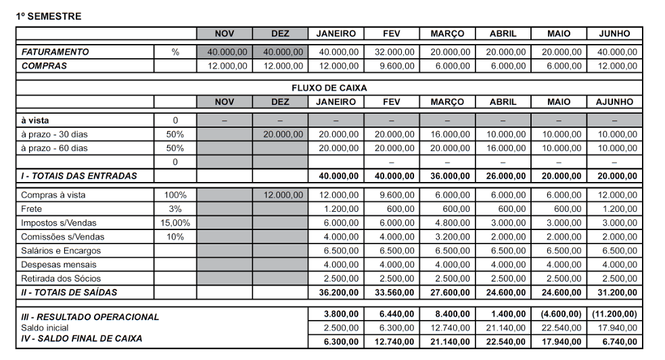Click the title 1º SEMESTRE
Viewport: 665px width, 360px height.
pos(49,16)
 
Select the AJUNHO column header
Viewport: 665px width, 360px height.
pos(614,102)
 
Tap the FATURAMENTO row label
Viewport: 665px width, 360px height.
pos(55,52)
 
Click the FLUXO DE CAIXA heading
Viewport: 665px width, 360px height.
pos(329,88)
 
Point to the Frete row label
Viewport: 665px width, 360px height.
pos(32,209)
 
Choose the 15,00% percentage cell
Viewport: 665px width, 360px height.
pos(175,223)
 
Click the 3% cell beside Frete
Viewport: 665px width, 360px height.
pos(175,209)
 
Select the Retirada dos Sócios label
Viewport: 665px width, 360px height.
pos(61,279)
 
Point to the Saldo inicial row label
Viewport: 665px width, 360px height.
pos(46,328)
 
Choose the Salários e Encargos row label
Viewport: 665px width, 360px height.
pos(61,251)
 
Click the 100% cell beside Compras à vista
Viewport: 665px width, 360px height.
pos(175,195)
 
